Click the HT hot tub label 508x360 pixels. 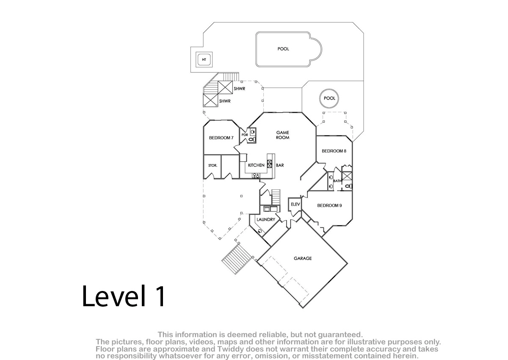point(204,60)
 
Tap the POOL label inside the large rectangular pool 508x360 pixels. point(283,49)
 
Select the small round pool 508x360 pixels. point(329,98)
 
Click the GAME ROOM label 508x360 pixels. point(283,135)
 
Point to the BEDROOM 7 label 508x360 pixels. point(221,138)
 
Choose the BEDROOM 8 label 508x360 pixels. point(334,151)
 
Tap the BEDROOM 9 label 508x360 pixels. point(329,205)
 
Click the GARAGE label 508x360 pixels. point(303,258)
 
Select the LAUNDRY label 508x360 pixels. point(266,219)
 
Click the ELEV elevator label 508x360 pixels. point(295,205)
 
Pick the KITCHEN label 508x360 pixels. point(256,165)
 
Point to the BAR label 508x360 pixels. point(280,165)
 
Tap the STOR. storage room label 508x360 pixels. point(213,166)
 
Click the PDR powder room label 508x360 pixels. point(245,135)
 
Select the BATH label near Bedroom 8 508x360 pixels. point(337,181)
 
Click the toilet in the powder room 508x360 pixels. point(252,139)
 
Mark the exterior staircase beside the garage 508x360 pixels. point(237,258)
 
